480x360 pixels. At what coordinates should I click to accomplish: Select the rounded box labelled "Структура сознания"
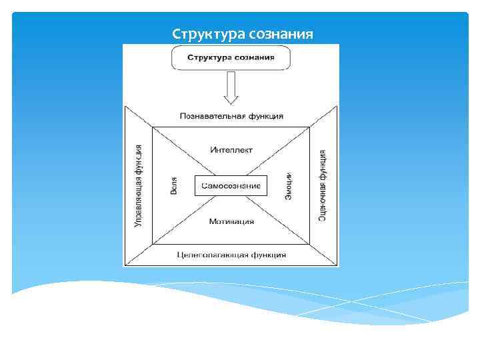(x=231, y=57)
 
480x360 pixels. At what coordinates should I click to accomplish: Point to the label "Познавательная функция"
(x=231, y=115)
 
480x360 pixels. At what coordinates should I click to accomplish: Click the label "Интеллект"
(x=231, y=149)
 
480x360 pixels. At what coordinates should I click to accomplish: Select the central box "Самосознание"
(x=231, y=185)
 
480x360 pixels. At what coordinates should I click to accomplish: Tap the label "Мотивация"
(x=231, y=221)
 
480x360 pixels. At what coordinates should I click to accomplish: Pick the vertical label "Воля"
(x=174, y=185)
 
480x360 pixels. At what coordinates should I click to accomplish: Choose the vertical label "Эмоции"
(x=288, y=184)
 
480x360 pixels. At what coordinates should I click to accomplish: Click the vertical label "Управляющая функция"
(x=139, y=185)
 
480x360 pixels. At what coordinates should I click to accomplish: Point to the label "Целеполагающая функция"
(x=231, y=255)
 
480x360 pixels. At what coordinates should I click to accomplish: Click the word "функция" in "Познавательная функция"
(x=262, y=115)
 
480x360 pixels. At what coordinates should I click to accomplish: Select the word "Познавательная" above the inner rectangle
(x=209, y=115)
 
